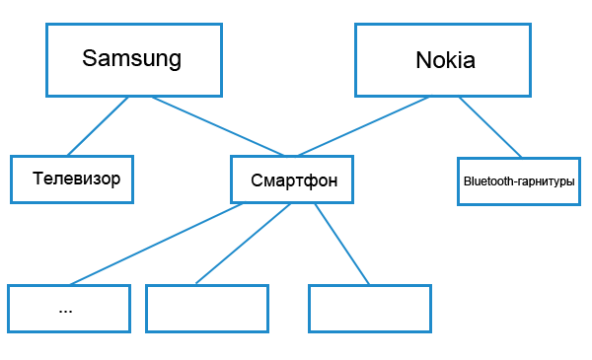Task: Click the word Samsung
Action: click(x=131, y=58)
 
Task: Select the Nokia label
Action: click(x=445, y=60)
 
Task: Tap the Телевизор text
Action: click(x=76, y=180)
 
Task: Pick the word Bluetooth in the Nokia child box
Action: click(x=484, y=182)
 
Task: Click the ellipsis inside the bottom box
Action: click(x=66, y=309)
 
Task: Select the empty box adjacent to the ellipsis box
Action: click(x=206, y=309)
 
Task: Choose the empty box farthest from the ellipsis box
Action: click(x=369, y=309)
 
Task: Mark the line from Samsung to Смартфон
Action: click(x=217, y=125)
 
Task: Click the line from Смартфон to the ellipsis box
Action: click(x=158, y=244)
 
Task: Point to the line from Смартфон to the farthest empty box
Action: click(x=342, y=244)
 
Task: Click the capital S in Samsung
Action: click(x=90, y=58)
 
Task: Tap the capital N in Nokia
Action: click(x=423, y=60)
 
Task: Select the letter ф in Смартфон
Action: click(x=315, y=180)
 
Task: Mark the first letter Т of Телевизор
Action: click(x=37, y=180)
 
